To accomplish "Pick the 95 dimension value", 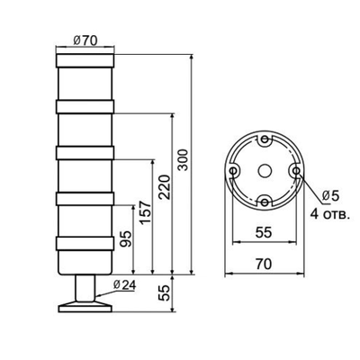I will (x=126, y=240).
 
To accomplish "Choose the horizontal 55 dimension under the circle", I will (x=264, y=232).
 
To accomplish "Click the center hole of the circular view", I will (x=264, y=170).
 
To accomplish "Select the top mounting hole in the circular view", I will (x=264, y=141).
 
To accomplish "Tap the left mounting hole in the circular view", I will (x=234, y=170).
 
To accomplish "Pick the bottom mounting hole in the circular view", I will (x=264, y=199).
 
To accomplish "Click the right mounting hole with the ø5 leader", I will (x=293, y=170).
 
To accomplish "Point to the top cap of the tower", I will (x=84, y=62).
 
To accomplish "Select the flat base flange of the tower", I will (x=84, y=307).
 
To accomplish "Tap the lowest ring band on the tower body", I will (x=84, y=243).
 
